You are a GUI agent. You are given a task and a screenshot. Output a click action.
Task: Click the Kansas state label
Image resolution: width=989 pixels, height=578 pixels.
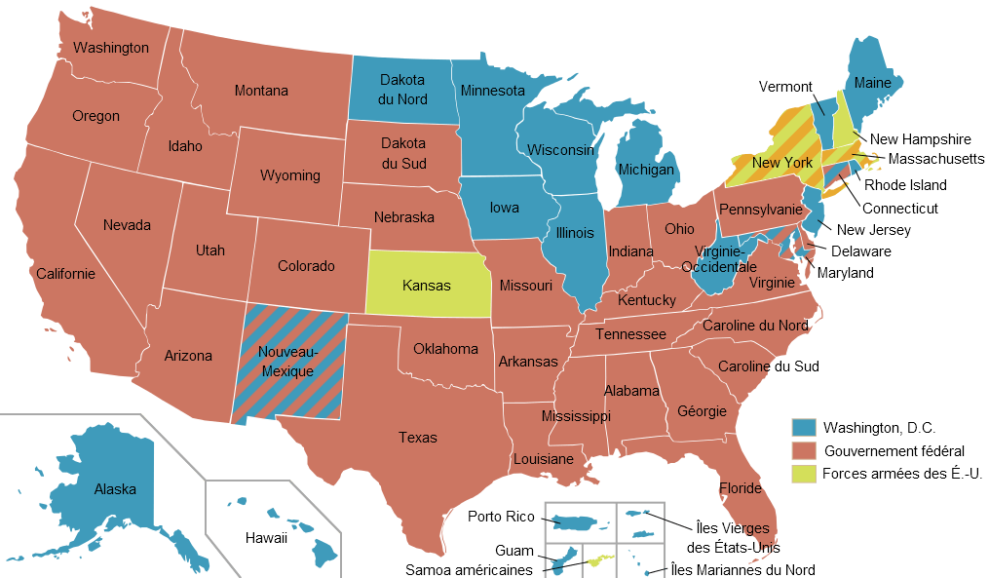pos(427,286)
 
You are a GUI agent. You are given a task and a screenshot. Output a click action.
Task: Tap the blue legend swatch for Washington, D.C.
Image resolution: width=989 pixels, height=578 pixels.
pos(803,427)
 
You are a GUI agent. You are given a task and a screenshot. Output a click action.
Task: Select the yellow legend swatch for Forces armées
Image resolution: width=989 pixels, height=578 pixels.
pos(803,474)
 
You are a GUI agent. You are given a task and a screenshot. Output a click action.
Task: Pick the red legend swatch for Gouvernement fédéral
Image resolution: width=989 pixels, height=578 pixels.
pos(803,450)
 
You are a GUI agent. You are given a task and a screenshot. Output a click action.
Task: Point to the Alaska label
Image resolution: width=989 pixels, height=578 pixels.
pos(115,489)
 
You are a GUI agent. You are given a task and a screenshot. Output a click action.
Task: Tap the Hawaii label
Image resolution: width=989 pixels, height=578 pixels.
pos(266,538)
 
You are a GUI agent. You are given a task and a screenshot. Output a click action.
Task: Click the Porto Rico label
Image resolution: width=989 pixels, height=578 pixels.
pos(501,517)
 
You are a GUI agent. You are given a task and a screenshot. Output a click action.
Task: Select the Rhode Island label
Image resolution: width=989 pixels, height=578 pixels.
pos(905,185)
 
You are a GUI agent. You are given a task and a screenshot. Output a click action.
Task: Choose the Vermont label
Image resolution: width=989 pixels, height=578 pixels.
pos(785,87)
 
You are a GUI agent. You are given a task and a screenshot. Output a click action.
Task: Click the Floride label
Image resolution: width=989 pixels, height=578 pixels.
pos(740,487)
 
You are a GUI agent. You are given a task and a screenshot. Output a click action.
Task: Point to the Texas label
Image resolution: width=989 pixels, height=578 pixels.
pos(417,438)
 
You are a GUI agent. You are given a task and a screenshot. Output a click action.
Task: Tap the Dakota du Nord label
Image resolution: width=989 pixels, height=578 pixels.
pos(403,89)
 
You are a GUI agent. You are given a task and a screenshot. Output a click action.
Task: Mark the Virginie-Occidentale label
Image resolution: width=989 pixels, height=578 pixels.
pos(719,259)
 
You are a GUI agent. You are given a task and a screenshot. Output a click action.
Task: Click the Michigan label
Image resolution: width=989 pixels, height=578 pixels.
pos(646,170)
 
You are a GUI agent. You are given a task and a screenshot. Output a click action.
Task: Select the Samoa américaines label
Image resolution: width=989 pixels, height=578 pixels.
pos(469,570)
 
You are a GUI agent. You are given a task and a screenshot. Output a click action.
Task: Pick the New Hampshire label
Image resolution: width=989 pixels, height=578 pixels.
pos(921,139)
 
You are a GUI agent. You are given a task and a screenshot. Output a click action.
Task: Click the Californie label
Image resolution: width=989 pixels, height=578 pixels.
pos(66,273)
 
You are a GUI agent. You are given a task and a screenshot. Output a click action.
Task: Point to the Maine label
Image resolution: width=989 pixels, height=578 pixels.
pos(872,83)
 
